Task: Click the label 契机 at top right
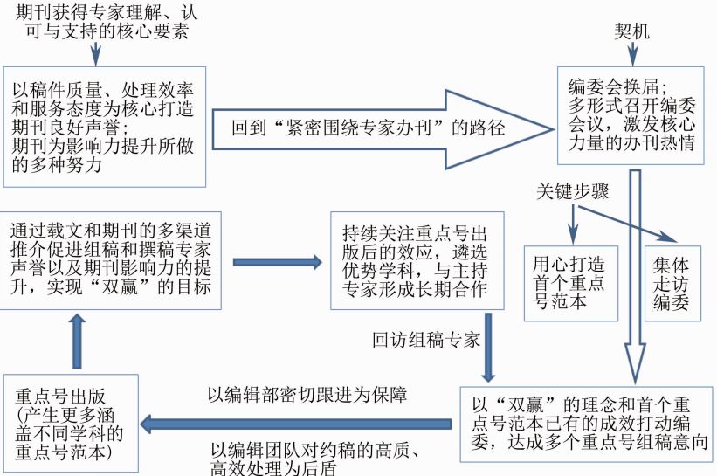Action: click(x=631, y=31)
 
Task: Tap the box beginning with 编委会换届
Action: click(x=631, y=115)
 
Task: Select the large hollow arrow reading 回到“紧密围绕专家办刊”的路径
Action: click(x=383, y=129)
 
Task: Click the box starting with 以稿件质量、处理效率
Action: click(x=105, y=127)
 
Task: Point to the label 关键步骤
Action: click(x=573, y=191)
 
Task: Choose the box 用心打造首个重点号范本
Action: click(x=570, y=284)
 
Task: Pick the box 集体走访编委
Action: click(x=672, y=284)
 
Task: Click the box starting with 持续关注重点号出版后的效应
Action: click(x=417, y=260)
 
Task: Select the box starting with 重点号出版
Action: click(x=71, y=423)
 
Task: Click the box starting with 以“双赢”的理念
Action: click(x=586, y=424)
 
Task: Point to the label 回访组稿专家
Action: click(x=425, y=340)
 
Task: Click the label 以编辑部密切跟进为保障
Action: click(x=307, y=395)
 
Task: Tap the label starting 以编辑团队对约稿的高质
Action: click(x=315, y=459)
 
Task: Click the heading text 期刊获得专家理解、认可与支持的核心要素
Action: click(x=107, y=22)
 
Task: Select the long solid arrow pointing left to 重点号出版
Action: click(x=296, y=424)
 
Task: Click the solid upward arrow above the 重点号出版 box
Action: click(x=77, y=341)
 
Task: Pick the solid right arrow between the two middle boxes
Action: click(x=278, y=262)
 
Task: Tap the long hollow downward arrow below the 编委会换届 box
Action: click(x=635, y=277)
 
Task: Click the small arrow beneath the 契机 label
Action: click(x=632, y=54)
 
